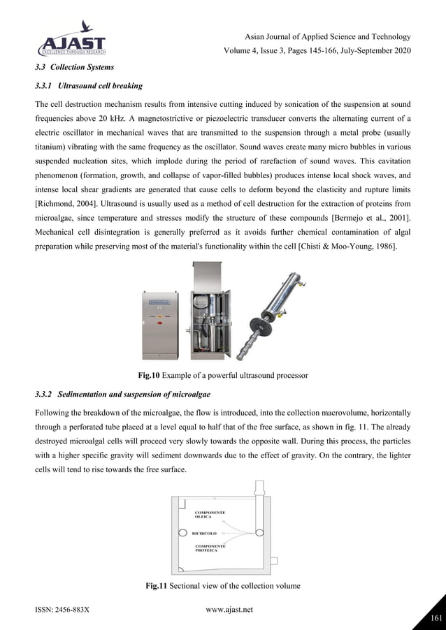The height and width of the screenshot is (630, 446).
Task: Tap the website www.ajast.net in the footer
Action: pyautogui.click(x=229, y=610)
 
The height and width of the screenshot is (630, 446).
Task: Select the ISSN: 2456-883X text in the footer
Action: pyautogui.click(x=62, y=610)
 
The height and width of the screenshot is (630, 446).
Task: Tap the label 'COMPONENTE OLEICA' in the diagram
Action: pyautogui.click(x=210, y=515)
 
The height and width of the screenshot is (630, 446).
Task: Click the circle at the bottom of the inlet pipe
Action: pyautogui.click(x=260, y=532)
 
